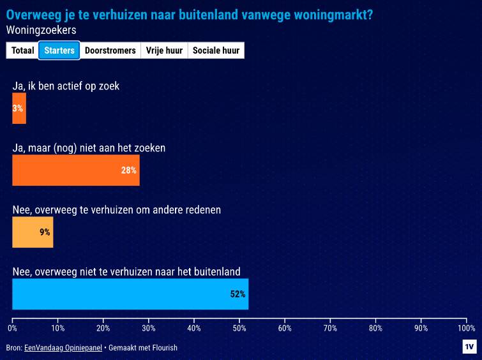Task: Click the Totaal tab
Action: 22,50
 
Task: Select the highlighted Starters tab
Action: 59,50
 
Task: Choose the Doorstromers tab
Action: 110,50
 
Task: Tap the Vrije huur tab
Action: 164,50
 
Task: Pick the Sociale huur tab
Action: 216,50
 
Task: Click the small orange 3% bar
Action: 19,109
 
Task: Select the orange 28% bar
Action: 75,170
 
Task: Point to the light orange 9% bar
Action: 33,232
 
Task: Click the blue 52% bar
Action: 130,294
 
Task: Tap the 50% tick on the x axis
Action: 239,328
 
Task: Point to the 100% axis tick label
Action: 466,328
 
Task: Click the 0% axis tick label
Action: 12,328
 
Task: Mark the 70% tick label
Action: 330,328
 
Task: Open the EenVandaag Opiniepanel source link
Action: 63,348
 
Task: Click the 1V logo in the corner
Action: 469,347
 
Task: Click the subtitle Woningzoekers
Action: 41,30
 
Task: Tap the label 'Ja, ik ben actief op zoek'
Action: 66,86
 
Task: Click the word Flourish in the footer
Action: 164,348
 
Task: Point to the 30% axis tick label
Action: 148,328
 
